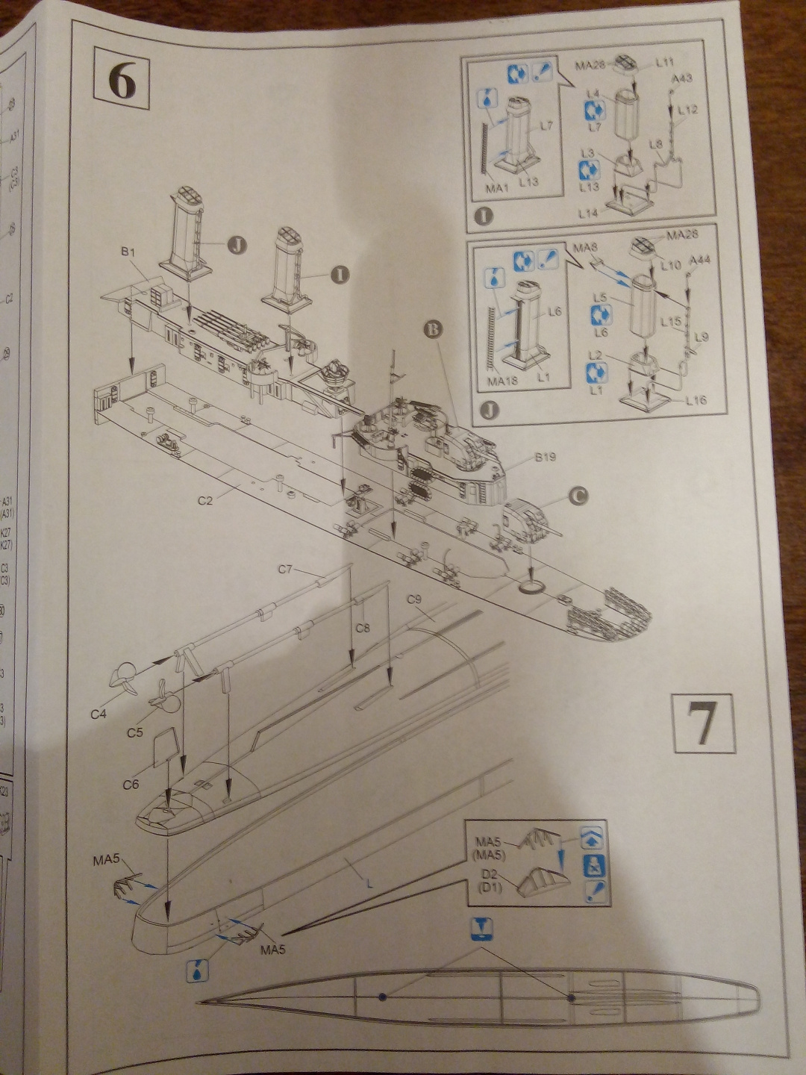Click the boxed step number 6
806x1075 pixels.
point(122,81)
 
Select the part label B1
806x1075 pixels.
point(128,252)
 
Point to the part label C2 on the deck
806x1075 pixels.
point(205,500)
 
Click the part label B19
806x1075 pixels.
point(545,457)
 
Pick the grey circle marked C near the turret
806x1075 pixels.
point(578,495)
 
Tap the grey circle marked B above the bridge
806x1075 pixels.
point(432,328)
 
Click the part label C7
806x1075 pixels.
point(285,570)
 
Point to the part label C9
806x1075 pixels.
point(414,599)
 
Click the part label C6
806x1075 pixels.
point(131,785)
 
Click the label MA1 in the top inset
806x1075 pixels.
point(496,188)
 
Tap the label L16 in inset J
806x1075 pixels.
point(696,401)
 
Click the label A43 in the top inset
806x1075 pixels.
point(681,78)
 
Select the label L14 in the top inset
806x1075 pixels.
point(589,213)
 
